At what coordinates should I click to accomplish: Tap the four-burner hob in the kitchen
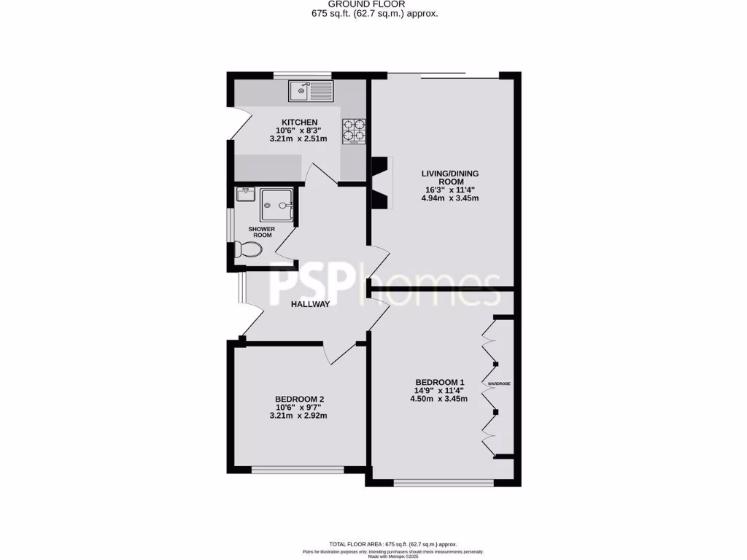353,130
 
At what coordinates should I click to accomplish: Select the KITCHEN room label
300,122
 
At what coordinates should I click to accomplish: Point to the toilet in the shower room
249,250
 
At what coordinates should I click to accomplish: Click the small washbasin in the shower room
244,194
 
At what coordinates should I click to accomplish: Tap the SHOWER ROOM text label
263,232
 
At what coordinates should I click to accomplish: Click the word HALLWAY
311,304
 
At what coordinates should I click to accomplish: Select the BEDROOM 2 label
299,399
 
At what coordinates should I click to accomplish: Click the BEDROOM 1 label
440,382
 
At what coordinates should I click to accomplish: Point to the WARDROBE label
499,383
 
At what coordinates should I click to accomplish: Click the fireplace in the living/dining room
381,182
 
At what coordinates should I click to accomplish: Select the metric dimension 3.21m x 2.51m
299,139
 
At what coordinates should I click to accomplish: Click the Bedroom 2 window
298,470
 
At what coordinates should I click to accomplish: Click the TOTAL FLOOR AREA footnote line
392,544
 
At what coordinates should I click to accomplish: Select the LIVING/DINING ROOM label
450,177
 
